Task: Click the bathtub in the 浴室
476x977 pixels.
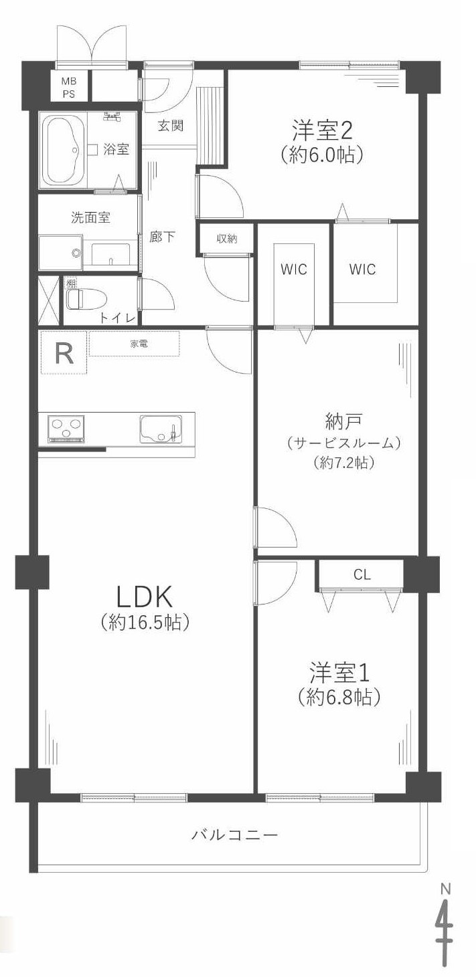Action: pyautogui.click(x=64, y=150)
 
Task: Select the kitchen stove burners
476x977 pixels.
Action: pyautogui.click(x=66, y=429)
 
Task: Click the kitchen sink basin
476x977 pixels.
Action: pyautogui.click(x=160, y=429)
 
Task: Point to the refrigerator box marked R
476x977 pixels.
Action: pyautogui.click(x=64, y=353)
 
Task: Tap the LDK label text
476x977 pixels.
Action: pyautogui.click(x=145, y=595)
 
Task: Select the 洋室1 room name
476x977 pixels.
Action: pyautogui.click(x=339, y=671)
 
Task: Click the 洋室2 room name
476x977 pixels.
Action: pyautogui.click(x=322, y=128)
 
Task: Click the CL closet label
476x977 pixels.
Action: pyautogui.click(x=362, y=574)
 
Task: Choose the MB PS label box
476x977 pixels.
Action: pyautogui.click(x=69, y=88)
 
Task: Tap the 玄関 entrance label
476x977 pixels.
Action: pyautogui.click(x=171, y=125)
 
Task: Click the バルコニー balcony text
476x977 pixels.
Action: pyautogui.click(x=234, y=835)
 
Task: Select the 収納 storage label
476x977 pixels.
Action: pyautogui.click(x=226, y=239)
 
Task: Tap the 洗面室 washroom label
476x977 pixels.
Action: pyautogui.click(x=90, y=217)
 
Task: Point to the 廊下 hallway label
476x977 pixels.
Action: pyautogui.click(x=163, y=237)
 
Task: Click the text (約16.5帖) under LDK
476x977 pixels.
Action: pyautogui.click(x=145, y=623)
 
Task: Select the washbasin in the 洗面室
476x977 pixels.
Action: pyautogui.click(x=110, y=254)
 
